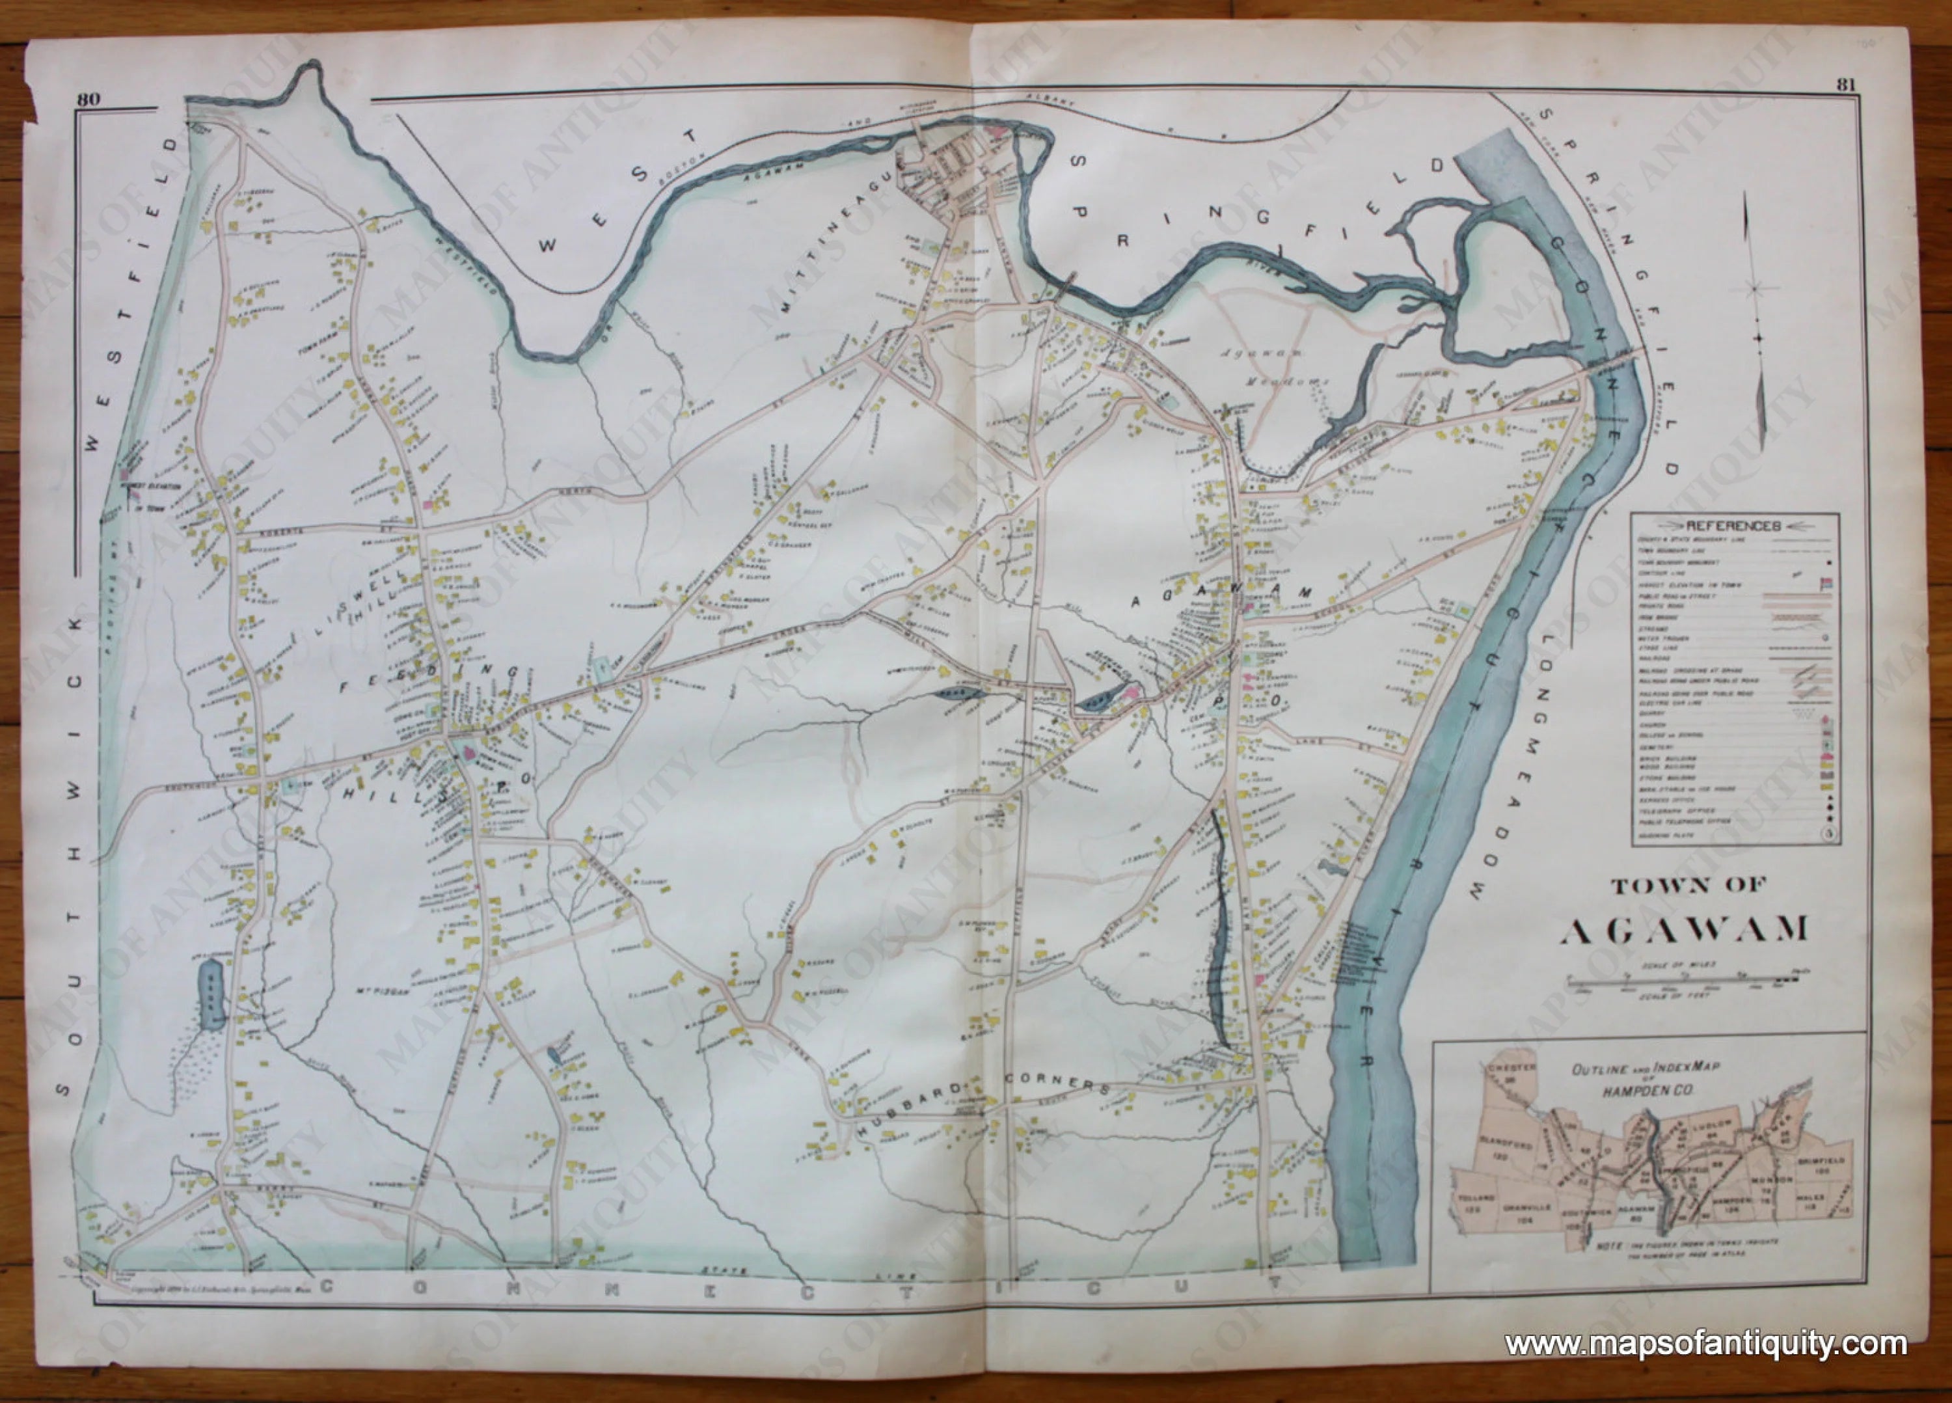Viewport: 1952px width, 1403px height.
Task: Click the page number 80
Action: [88, 99]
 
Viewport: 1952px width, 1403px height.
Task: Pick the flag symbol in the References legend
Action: [1824, 584]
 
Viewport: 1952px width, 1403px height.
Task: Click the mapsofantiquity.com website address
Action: [1705, 1342]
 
